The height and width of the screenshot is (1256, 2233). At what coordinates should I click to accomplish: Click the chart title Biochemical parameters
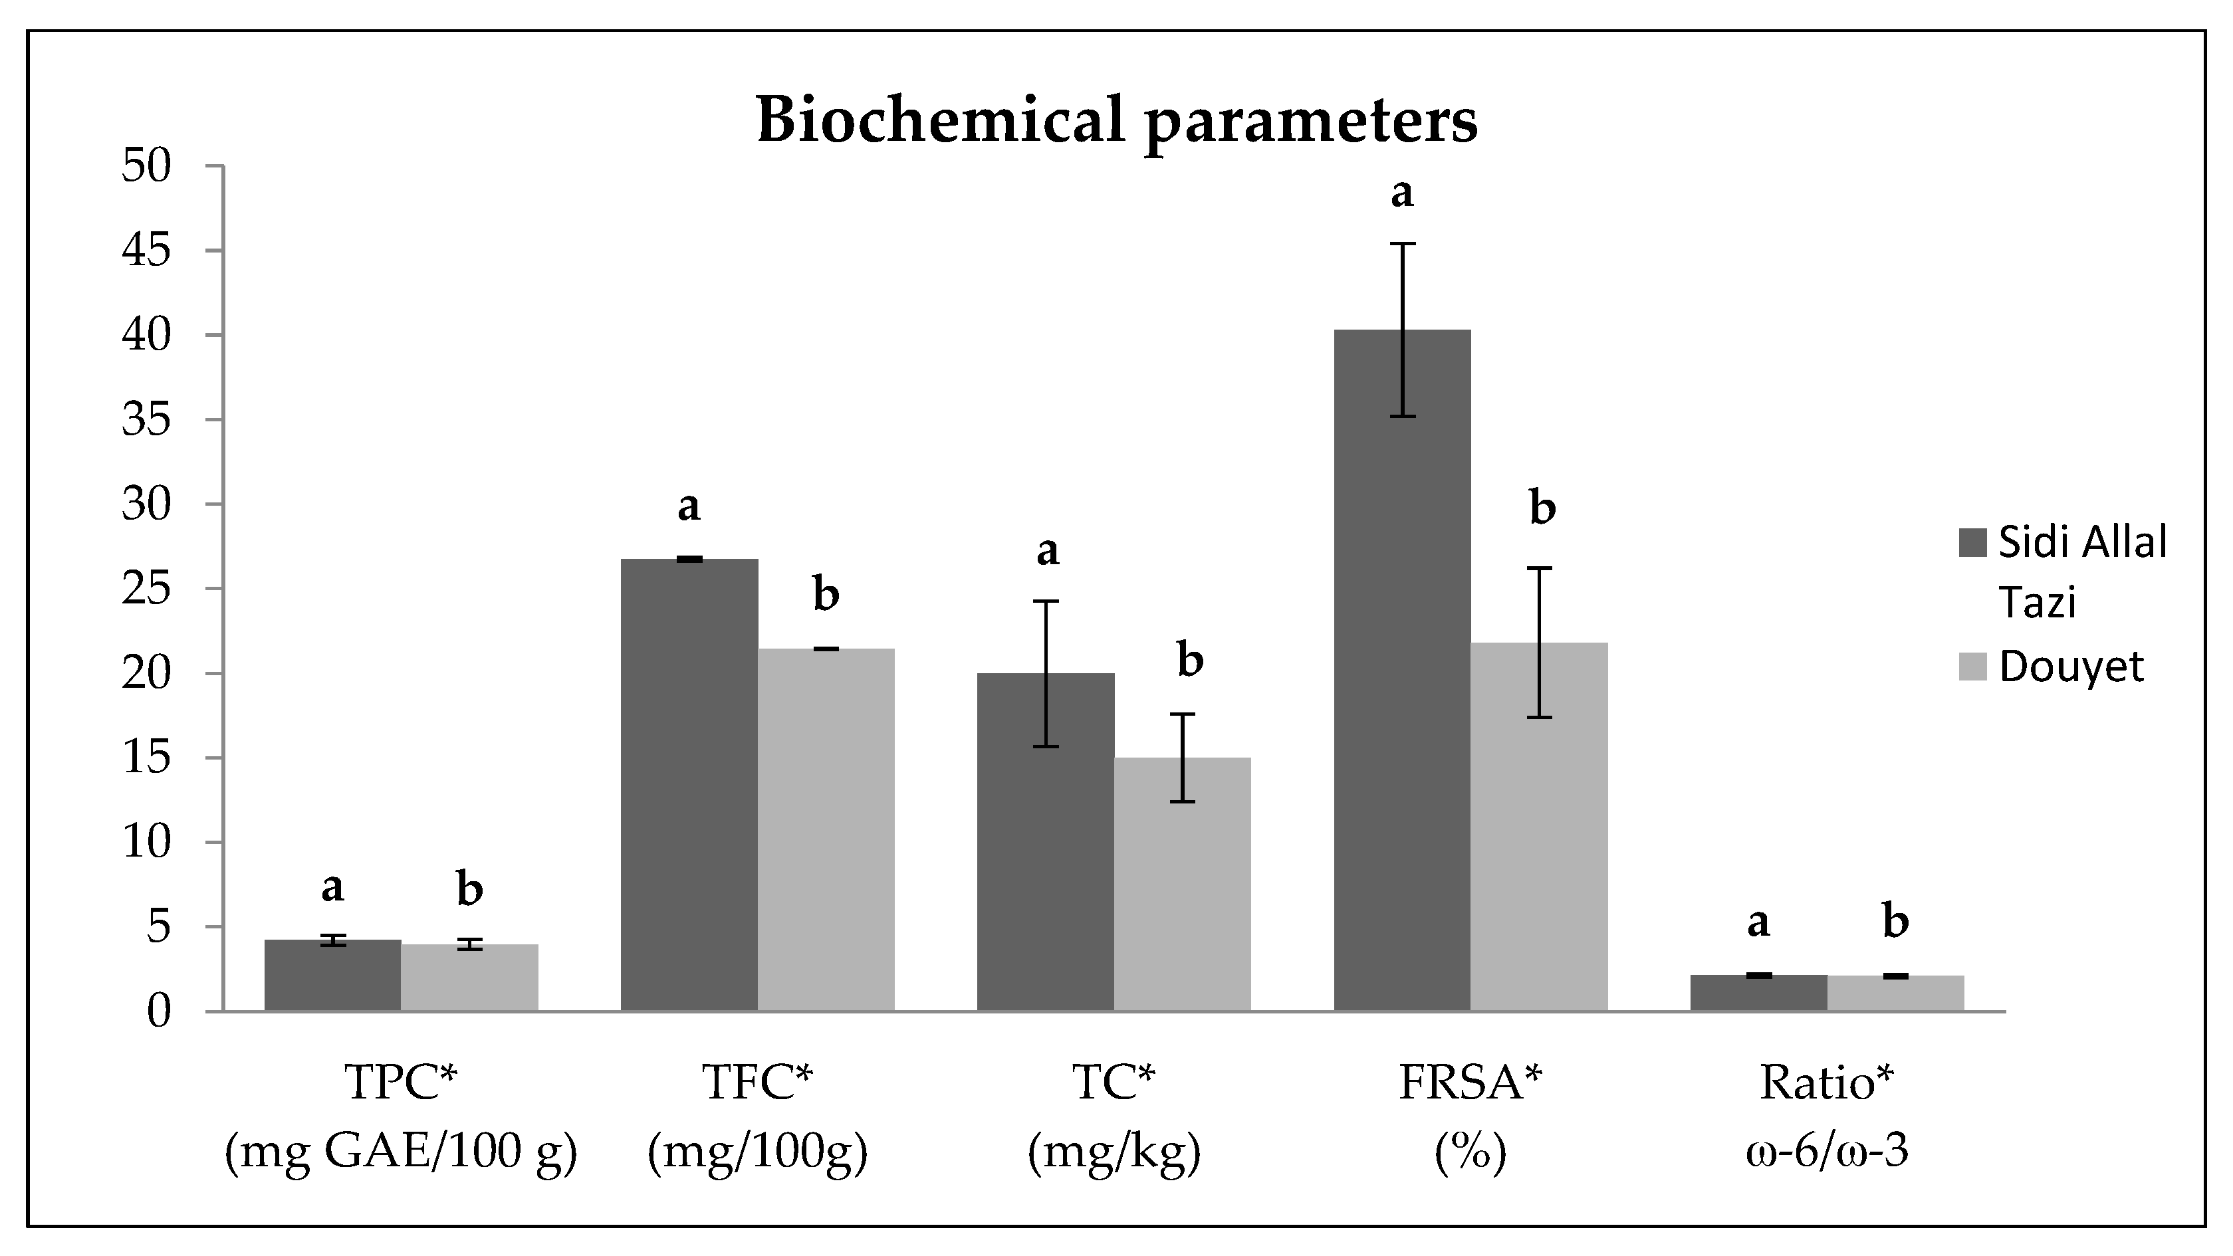1117,120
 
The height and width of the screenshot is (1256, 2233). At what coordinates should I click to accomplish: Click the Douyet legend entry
2071,667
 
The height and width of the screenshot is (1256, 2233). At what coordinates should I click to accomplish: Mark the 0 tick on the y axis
159,1011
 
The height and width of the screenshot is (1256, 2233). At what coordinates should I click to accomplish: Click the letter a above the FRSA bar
1402,193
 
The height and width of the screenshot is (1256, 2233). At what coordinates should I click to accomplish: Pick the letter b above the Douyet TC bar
1190,661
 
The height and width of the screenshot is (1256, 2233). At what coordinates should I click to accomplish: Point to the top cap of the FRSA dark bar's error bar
1402,245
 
